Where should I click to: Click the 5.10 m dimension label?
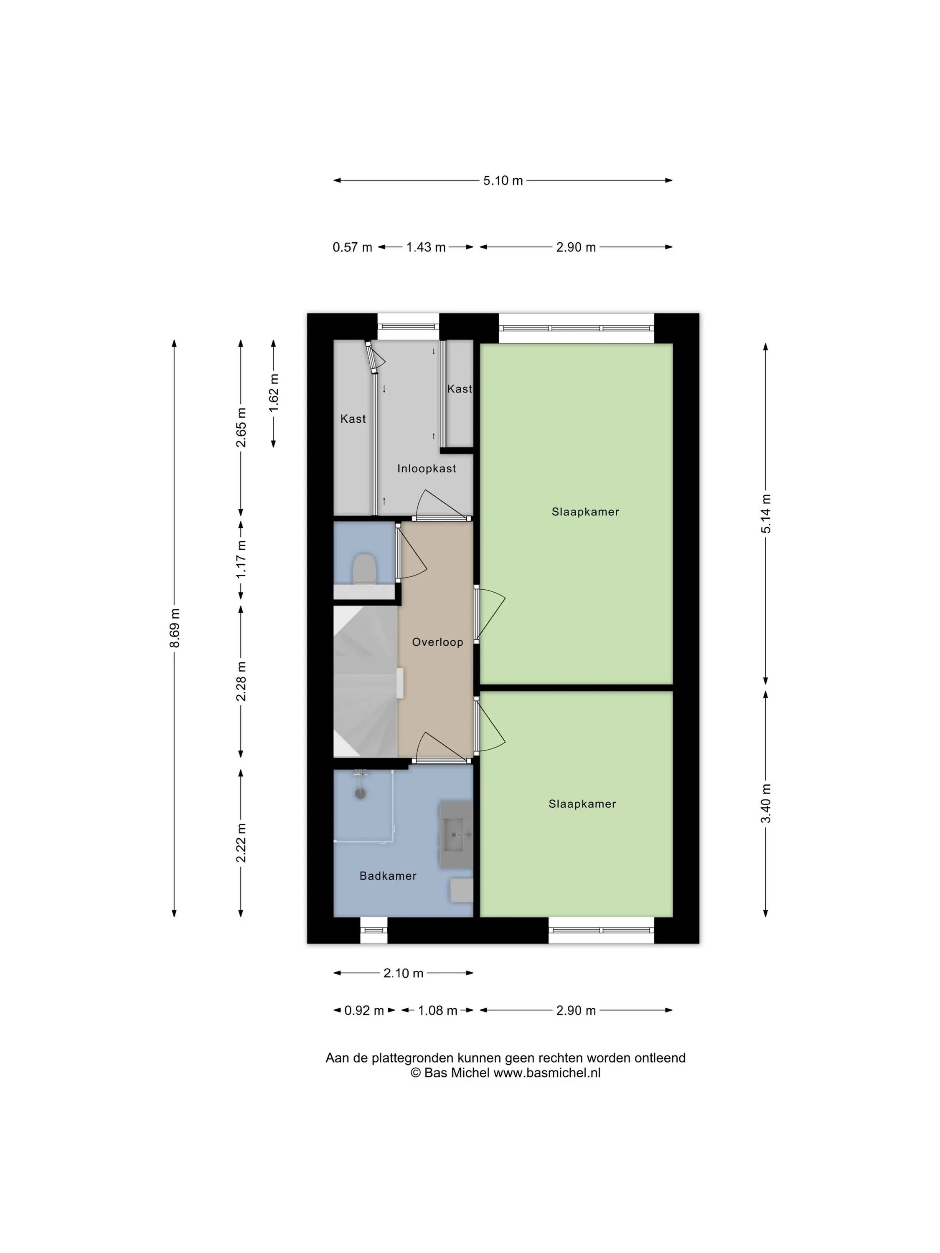coord(503,181)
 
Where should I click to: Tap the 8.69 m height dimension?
coord(175,628)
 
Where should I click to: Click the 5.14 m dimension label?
coord(766,513)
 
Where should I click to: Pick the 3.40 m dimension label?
coord(766,804)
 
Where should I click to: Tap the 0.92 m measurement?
coord(364,1011)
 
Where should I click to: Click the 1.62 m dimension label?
coord(274,393)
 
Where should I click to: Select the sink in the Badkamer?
coord(456,834)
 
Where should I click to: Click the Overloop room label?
coord(437,642)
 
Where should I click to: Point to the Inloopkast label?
coord(426,469)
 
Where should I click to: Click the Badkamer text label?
coord(388,876)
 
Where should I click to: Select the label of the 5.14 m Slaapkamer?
coord(585,512)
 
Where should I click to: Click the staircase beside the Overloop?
coord(366,682)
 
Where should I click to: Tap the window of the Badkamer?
coord(374,930)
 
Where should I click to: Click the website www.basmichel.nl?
coord(547,1073)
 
